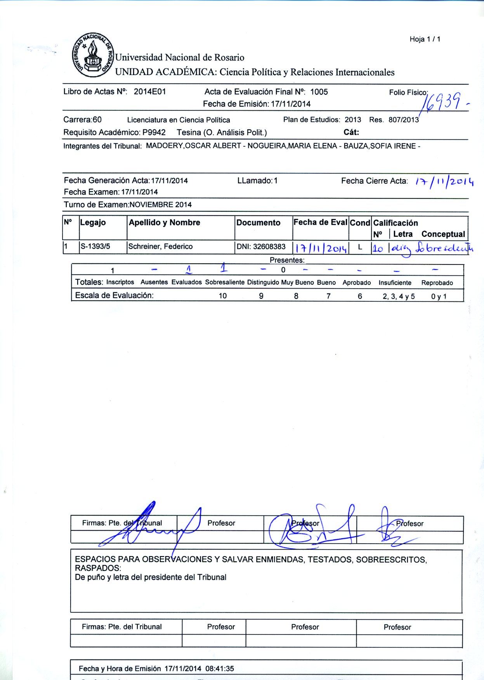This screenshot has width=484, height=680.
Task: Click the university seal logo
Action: point(92,55)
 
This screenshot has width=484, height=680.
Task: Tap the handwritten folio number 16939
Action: point(442,102)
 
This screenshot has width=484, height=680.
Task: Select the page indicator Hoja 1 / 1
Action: point(425,39)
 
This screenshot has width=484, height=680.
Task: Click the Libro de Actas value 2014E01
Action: point(150,92)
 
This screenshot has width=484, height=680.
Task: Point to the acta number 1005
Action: point(319,92)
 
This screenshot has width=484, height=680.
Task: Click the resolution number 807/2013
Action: point(404,120)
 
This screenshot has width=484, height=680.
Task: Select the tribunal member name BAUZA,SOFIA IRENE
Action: point(380,146)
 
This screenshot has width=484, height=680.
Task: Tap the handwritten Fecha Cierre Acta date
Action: point(444,181)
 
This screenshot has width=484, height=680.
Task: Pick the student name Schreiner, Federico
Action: point(160,247)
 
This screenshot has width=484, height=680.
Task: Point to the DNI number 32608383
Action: point(269,247)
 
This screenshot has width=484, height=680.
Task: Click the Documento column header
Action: point(258,223)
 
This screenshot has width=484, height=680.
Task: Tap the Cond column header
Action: point(360,223)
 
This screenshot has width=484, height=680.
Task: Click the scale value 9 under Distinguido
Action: point(261,296)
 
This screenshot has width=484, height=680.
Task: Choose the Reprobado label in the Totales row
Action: point(437,283)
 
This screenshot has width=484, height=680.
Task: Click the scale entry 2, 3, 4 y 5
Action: point(399,296)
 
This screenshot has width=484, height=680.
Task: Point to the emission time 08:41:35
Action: point(220,669)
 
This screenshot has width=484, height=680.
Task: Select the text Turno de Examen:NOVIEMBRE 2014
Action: point(128,205)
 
